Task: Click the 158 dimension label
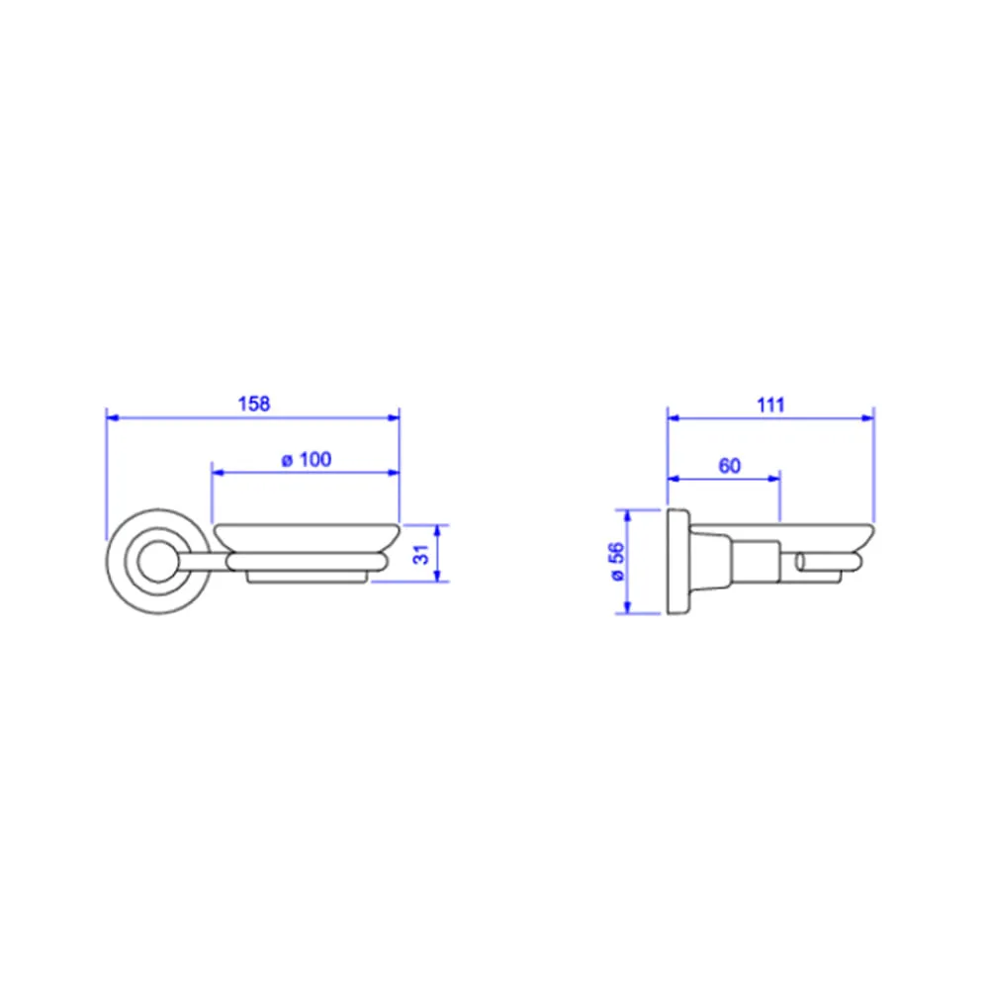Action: coord(253,404)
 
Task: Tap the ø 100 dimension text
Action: coord(307,459)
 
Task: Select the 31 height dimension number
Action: coord(420,555)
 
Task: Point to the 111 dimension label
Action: coord(770,405)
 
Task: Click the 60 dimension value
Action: coord(729,466)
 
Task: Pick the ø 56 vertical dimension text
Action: coord(616,561)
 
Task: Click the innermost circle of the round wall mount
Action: coord(157,562)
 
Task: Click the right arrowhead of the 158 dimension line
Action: coord(394,417)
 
